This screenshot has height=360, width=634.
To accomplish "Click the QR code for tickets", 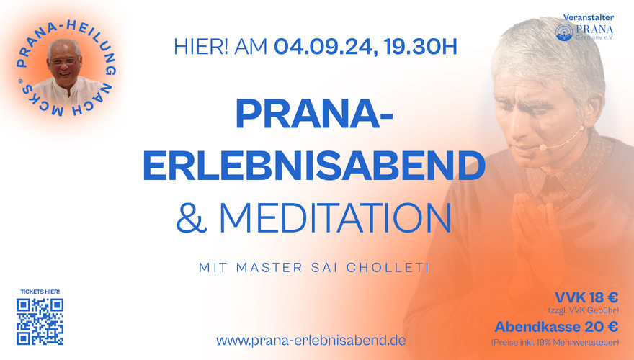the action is point(40,322).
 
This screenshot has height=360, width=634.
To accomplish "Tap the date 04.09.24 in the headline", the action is point(323,47).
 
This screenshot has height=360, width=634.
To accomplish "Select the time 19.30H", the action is point(421,47).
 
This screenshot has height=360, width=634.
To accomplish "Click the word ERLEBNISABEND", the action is point(314,166).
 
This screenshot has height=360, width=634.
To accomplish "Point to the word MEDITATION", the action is point(335,217).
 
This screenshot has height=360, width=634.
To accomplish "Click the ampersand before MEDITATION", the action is point(191,217).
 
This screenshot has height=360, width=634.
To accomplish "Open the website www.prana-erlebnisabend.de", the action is point(311,341).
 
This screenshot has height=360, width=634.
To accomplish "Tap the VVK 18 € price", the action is point(586,298).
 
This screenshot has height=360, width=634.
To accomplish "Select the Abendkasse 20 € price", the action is point(556,326).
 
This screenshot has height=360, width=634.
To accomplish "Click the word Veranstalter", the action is point(589,17).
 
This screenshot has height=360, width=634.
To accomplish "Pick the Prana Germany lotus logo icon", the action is point(564,32).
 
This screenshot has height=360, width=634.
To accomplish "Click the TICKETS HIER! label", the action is point(40,292).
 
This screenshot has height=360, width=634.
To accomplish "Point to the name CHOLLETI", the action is point(388,267).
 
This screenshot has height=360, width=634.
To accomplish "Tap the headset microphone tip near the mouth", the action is point(543,147).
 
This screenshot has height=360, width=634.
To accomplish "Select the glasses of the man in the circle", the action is point(63,61).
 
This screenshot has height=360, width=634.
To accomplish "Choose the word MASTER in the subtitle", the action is point(269,267).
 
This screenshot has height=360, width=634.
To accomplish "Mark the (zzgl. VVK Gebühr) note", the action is point(583,310).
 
